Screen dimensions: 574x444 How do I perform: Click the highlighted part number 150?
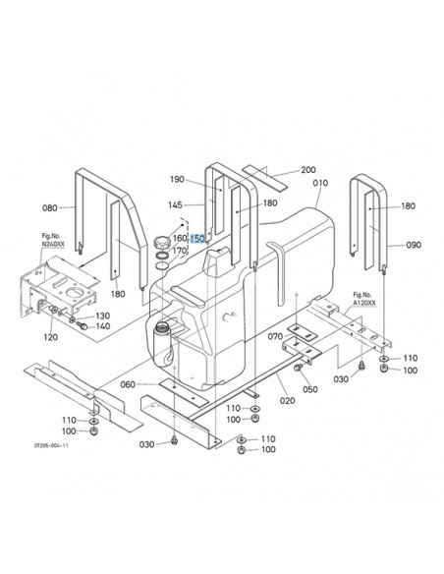coord(197,239)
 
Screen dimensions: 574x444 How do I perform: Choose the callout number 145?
coord(175,205)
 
